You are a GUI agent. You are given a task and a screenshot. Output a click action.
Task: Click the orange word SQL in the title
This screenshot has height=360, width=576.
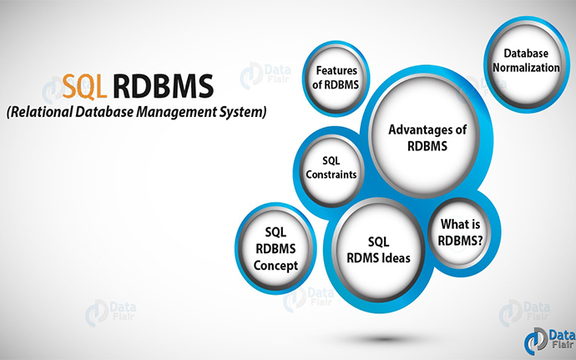(x=84, y=87)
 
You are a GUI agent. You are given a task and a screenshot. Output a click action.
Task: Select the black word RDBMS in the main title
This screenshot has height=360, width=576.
(x=163, y=87)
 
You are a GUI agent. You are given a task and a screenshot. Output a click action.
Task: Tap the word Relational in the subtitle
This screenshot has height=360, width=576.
(x=40, y=112)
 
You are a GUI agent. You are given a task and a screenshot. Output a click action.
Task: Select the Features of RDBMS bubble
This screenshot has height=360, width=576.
(x=336, y=79)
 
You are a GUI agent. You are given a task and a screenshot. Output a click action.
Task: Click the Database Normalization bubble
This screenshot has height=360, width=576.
(x=526, y=64)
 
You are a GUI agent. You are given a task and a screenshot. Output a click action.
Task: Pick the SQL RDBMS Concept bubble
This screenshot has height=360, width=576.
(x=275, y=248)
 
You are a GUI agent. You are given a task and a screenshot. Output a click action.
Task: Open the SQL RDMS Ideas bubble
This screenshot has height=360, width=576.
(x=378, y=250)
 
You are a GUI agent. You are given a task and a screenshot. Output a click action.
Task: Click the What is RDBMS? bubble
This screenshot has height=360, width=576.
(x=460, y=232)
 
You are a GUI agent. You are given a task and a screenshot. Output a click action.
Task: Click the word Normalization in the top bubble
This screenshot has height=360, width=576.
(x=526, y=68)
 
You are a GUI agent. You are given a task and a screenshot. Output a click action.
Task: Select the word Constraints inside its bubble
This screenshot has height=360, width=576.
(x=331, y=175)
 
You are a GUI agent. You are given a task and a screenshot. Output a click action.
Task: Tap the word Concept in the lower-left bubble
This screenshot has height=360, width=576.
(x=275, y=266)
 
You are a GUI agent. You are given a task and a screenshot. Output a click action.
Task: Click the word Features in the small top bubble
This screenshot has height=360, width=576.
(x=336, y=70)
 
